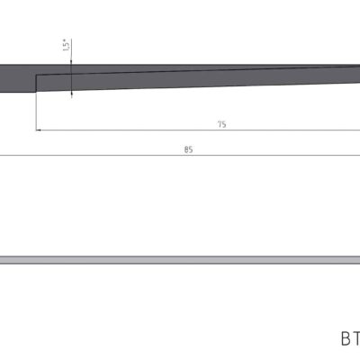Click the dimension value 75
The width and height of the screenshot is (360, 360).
(x=221, y=124)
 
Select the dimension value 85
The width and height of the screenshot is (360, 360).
(x=188, y=149)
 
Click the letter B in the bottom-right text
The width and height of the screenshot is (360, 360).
(x=345, y=339)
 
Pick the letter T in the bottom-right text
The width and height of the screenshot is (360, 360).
(x=356, y=339)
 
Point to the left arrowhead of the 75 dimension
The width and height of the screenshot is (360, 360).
(x=40, y=130)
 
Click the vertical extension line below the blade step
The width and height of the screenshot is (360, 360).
(x=36, y=112)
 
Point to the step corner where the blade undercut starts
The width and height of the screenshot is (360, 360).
(x=36, y=75)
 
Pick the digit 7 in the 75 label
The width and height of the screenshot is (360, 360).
(x=219, y=124)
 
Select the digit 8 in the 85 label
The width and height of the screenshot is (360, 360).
(x=185, y=149)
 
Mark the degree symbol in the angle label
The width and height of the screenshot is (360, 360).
(x=66, y=39)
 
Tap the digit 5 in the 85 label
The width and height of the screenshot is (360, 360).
(x=191, y=149)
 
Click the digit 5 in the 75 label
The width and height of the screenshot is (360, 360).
(x=224, y=124)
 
